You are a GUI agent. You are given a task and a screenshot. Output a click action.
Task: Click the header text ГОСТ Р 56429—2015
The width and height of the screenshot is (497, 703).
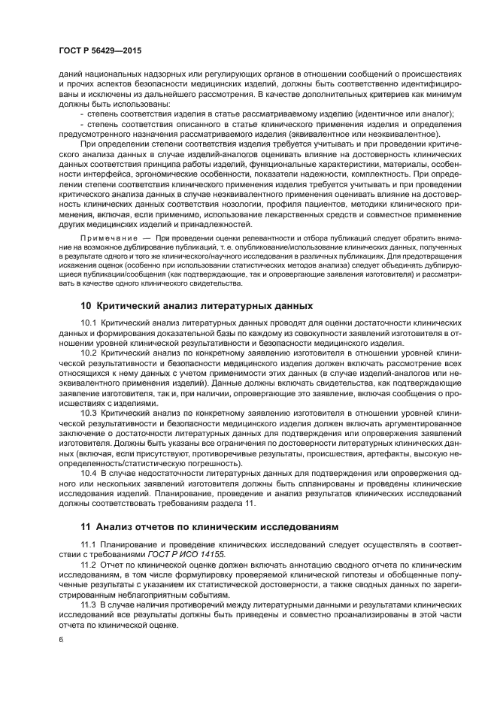[100, 50]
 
